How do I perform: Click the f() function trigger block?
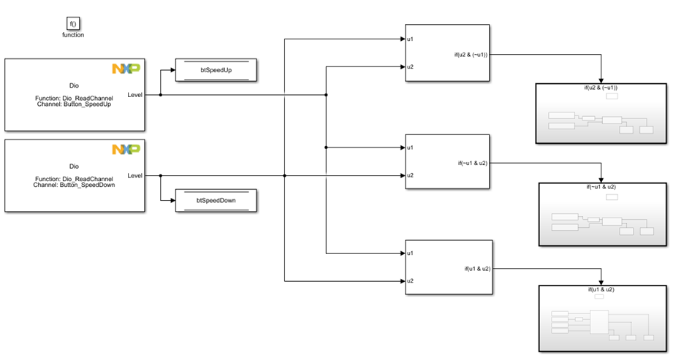click(x=73, y=23)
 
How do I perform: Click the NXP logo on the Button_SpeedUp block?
click(x=126, y=69)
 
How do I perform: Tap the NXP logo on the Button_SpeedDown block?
click(x=126, y=150)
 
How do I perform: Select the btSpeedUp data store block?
click(x=216, y=72)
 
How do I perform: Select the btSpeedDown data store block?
click(x=216, y=200)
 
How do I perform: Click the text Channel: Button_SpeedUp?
click(x=75, y=104)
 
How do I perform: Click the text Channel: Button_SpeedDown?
click(x=75, y=185)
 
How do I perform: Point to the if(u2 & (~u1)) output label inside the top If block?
click(x=470, y=54)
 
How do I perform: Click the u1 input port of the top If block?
click(x=411, y=39)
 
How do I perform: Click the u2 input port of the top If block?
click(x=411, y=67)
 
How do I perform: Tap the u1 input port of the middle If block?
click(x=411, y=148)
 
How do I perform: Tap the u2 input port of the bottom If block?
click(x=411, y=281)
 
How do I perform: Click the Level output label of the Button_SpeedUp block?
click(x=135, y=95)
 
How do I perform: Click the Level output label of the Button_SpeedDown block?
click(x=135, y=175)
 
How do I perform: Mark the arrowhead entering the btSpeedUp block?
click(x=172, y=72)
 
